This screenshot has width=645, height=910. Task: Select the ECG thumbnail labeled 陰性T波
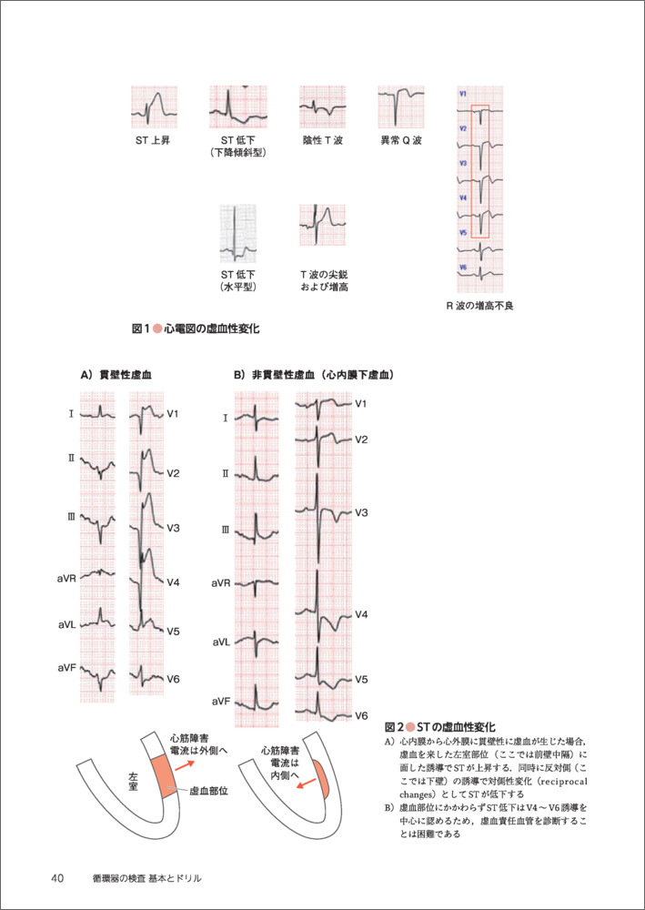[322, 109]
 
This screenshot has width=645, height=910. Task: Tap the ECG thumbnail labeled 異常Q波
[400, 109]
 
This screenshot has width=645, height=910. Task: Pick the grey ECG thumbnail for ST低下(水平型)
[237, 234]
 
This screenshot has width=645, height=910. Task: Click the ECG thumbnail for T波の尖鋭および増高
[322, 225]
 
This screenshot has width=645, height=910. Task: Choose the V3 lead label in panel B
[361, 513]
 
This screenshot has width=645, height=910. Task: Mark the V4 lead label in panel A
[173, 581]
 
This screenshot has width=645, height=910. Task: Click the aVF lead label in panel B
[221, 702]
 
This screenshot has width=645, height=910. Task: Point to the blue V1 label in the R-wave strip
[463, 94]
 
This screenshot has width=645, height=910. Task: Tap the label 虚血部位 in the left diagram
[207, 793]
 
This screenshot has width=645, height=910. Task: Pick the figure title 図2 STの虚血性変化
[439, 727]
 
